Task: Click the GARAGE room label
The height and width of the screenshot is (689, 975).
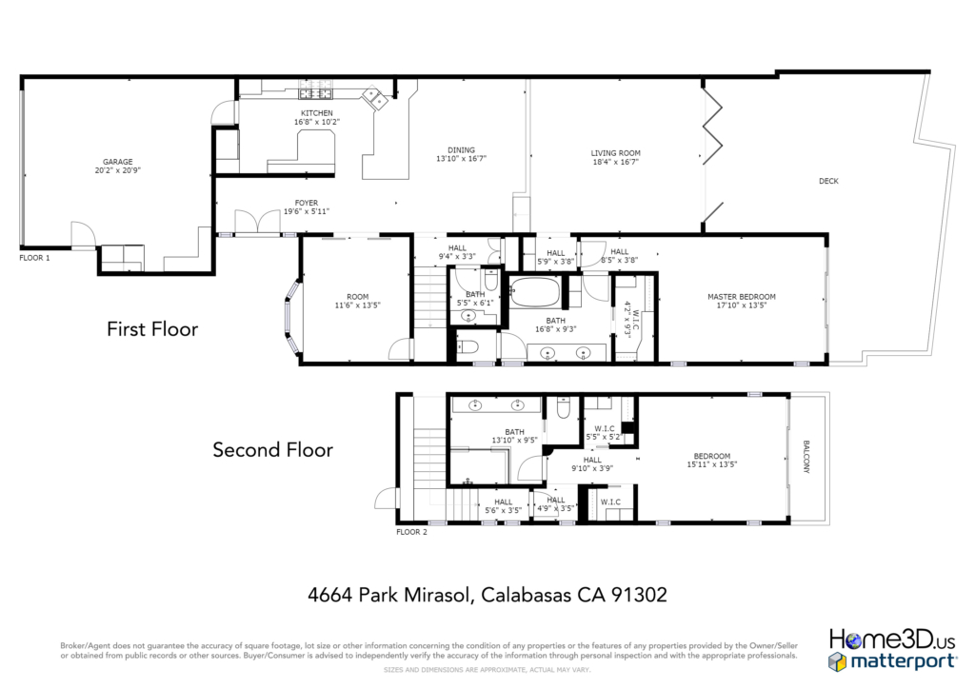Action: click(x=117, y=162)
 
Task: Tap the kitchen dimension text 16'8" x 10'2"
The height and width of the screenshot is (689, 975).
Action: click(x=317, y=122)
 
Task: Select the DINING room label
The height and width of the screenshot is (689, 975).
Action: click(x=461, y=149)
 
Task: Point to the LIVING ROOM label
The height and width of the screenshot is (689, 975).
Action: click(x=616, y=153)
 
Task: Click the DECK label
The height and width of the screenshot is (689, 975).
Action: click(x=828, y=181)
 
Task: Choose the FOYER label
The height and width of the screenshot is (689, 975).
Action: click(x=307, y=203)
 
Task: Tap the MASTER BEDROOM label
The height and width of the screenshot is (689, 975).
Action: click(x=742, y=296)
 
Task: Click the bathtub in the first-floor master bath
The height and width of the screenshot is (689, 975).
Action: click(x=535, y=291)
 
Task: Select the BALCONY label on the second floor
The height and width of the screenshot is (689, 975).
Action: click(x=806, y=457)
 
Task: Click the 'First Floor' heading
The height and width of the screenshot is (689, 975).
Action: click(x=152, y=328)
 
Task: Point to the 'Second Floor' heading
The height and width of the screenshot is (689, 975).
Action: click(x=273, y=449)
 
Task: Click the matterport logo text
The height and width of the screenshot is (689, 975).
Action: click(x=903, y=661)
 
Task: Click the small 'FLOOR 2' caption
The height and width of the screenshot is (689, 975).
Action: click(x=411, y=532)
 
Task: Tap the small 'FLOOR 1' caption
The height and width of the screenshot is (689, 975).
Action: click(x=34, y=258)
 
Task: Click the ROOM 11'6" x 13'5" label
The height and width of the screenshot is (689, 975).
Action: click(x=358, y=301)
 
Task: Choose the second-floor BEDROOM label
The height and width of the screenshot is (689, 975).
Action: click(x=712, y=456)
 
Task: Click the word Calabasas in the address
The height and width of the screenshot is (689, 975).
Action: click(x=526, y=595)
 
